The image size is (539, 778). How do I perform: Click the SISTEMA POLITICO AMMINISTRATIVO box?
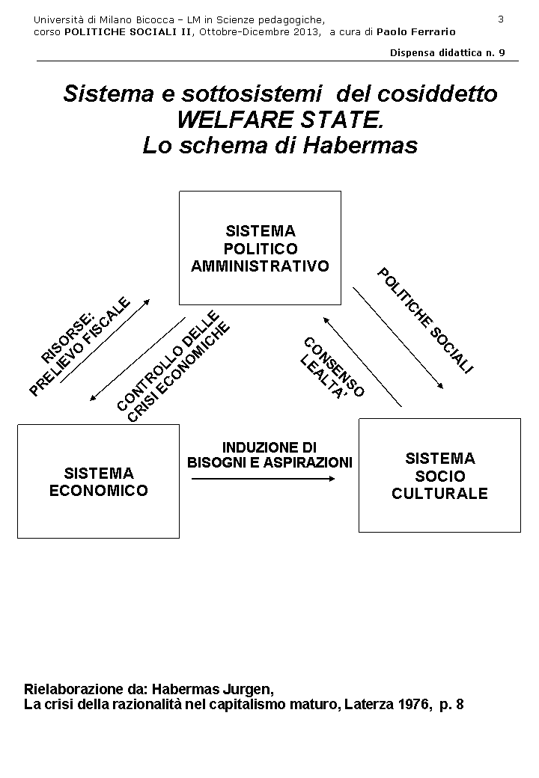tap(260, 248)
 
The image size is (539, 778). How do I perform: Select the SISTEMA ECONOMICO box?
tap(98, 482)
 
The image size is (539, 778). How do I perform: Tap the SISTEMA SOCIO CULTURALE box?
tap(439, 476)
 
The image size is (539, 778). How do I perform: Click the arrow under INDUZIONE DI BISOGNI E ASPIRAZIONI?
tap(263, 479)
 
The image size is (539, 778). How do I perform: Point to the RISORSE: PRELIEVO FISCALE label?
tap(80, 345)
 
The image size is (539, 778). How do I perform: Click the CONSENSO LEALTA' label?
tap(331, 367)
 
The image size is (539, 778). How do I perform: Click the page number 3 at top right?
tap(501, 19)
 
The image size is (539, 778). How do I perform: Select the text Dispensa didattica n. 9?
tap(448, 52)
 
